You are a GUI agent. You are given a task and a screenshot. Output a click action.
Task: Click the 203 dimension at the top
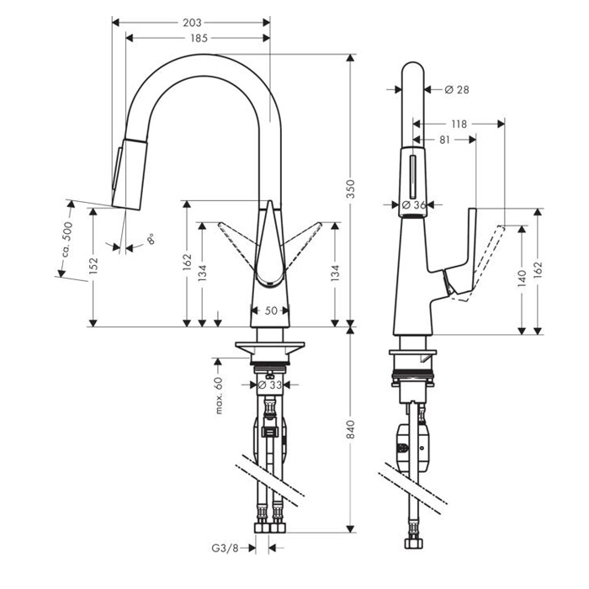(192, 23)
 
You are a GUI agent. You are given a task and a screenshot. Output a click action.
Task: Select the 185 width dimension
(199, 38)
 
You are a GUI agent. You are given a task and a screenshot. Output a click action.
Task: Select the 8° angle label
(151, 239)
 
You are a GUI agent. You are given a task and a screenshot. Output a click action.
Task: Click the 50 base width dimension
(271, 310)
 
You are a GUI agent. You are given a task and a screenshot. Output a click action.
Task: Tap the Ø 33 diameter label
(269, 385)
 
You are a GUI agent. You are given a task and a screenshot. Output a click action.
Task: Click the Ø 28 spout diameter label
(455, 89)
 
